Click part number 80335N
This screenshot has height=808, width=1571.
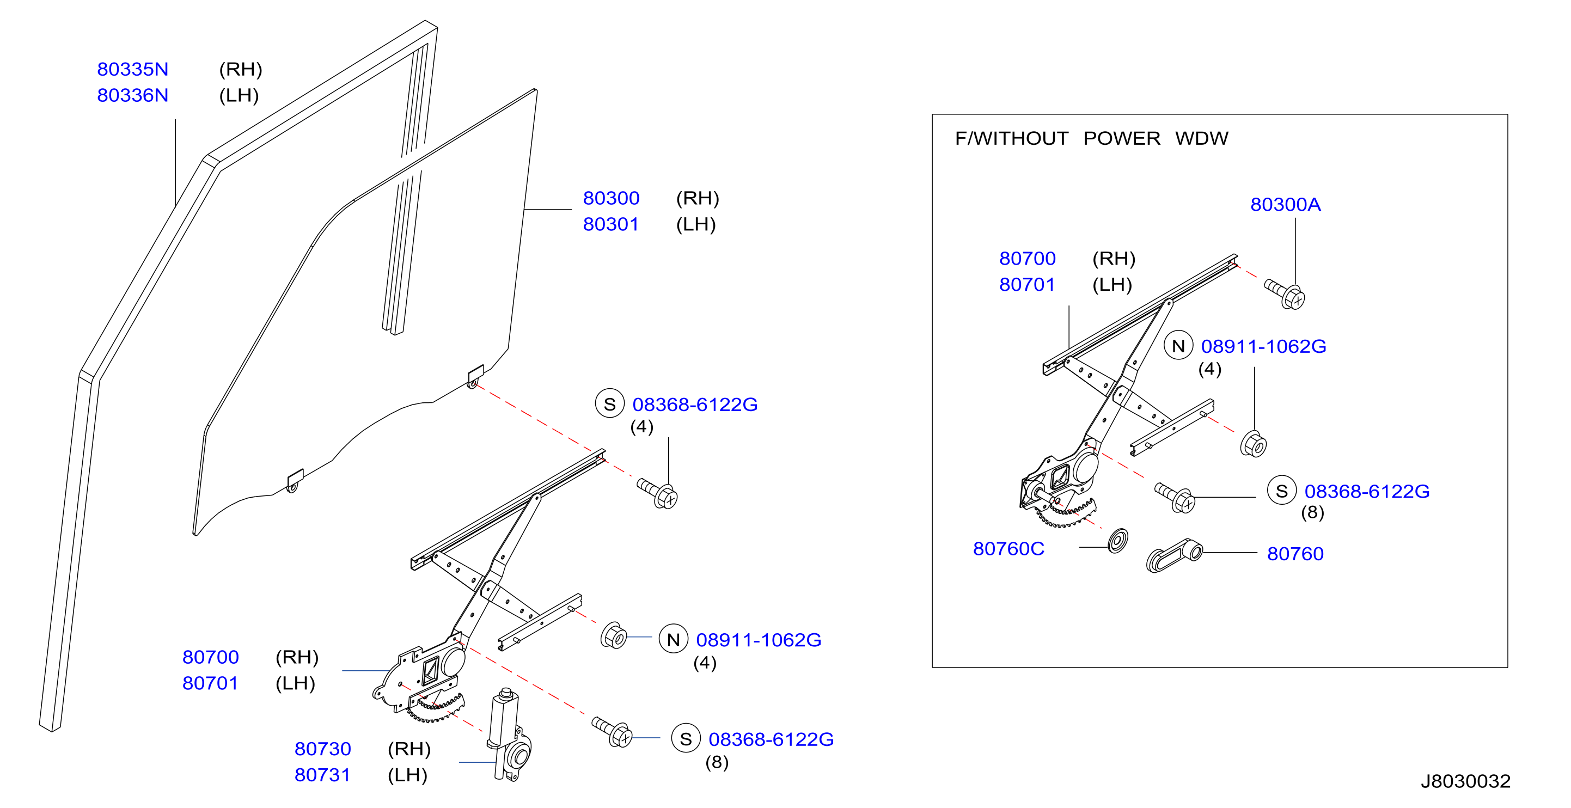[132, 70]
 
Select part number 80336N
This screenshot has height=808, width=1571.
[132, 96]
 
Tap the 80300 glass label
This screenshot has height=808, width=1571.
[611, 198]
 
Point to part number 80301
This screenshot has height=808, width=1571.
[610, 224]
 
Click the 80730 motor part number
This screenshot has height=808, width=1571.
[322, 749]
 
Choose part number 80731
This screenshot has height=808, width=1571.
[322, 775]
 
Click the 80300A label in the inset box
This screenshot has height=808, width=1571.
[1286, 204]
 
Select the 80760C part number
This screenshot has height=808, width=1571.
[1008, 549]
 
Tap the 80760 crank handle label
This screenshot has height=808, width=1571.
[1295, 554]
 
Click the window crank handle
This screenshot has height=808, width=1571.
[1174, 556]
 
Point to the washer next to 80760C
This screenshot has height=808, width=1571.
[1118, 541]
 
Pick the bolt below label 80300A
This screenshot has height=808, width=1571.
[1285, 294]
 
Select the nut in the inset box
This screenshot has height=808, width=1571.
[1254, 444]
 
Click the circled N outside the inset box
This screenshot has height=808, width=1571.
[673, 639]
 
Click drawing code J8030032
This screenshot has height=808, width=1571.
[1465, 781]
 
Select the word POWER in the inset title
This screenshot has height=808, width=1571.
[1122, 138]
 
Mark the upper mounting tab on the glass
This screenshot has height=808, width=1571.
[475, 376]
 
